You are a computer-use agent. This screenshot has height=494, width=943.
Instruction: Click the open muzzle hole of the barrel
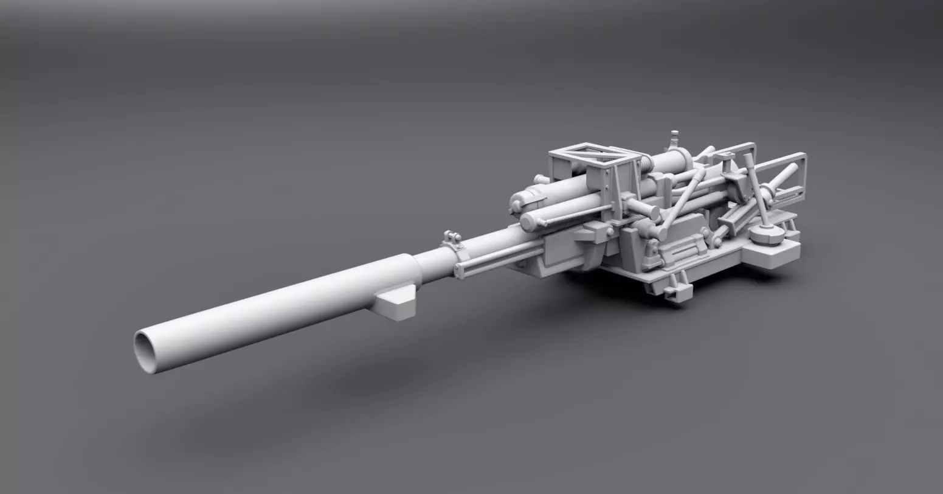coord(146,351)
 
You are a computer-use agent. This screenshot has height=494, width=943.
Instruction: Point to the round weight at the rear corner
coord(765,234)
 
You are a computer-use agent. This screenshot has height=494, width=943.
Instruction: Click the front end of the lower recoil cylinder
coord(528,222)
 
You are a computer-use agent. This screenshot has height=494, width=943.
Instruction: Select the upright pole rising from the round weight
coord(756,189)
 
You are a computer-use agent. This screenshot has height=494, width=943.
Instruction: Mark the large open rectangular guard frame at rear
coord(784,176)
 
